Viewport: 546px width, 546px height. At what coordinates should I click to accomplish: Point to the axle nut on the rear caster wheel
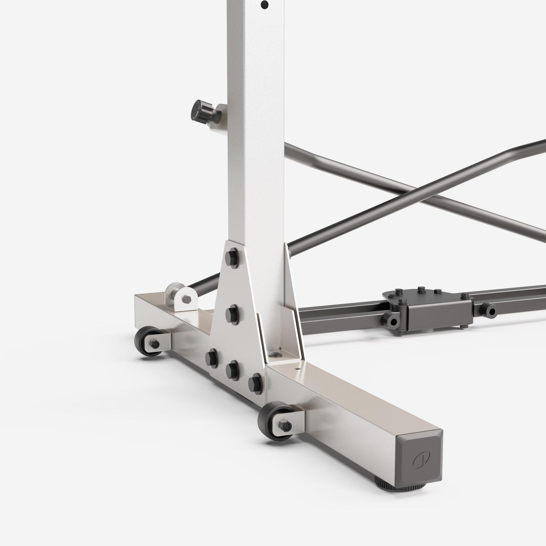tap(154, 344)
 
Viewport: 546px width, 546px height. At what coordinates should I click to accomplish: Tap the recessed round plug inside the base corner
tap(276, 354)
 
